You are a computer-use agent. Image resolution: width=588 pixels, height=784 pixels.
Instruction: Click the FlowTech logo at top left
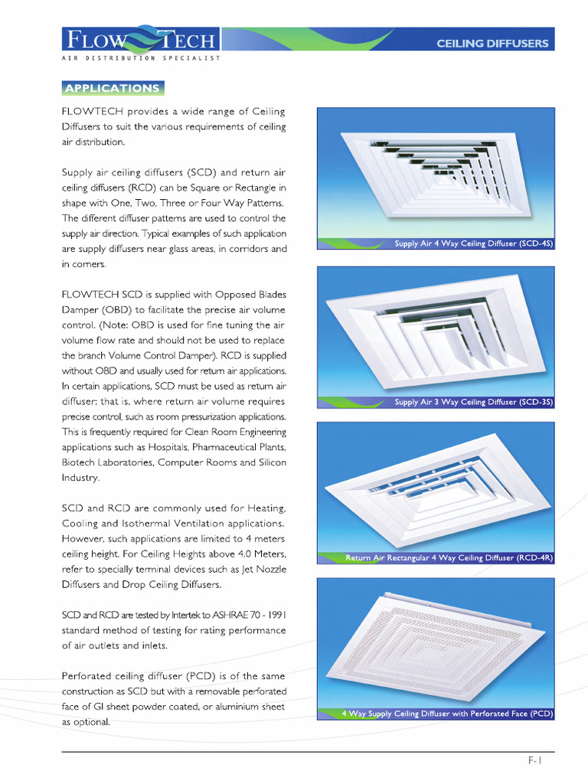click(141, 40)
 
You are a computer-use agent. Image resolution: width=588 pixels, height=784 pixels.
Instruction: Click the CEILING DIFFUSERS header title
click(492, 44)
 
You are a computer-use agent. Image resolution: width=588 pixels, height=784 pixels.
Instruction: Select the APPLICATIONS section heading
click(113, 88)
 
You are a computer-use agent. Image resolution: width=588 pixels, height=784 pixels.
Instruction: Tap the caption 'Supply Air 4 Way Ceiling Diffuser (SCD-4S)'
click(473, 243)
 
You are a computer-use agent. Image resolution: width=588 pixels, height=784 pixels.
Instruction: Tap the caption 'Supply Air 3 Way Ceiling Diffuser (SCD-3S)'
click(473, 402)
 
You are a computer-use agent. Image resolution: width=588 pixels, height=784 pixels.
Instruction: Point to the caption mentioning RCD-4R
click(449, 558)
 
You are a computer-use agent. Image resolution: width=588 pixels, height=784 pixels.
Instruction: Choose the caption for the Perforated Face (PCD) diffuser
click(447, 714)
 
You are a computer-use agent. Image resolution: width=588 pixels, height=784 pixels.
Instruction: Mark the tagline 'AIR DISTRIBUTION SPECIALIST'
click(141, 58)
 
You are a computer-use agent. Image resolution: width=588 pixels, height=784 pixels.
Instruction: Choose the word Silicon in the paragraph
click(269, 462)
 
